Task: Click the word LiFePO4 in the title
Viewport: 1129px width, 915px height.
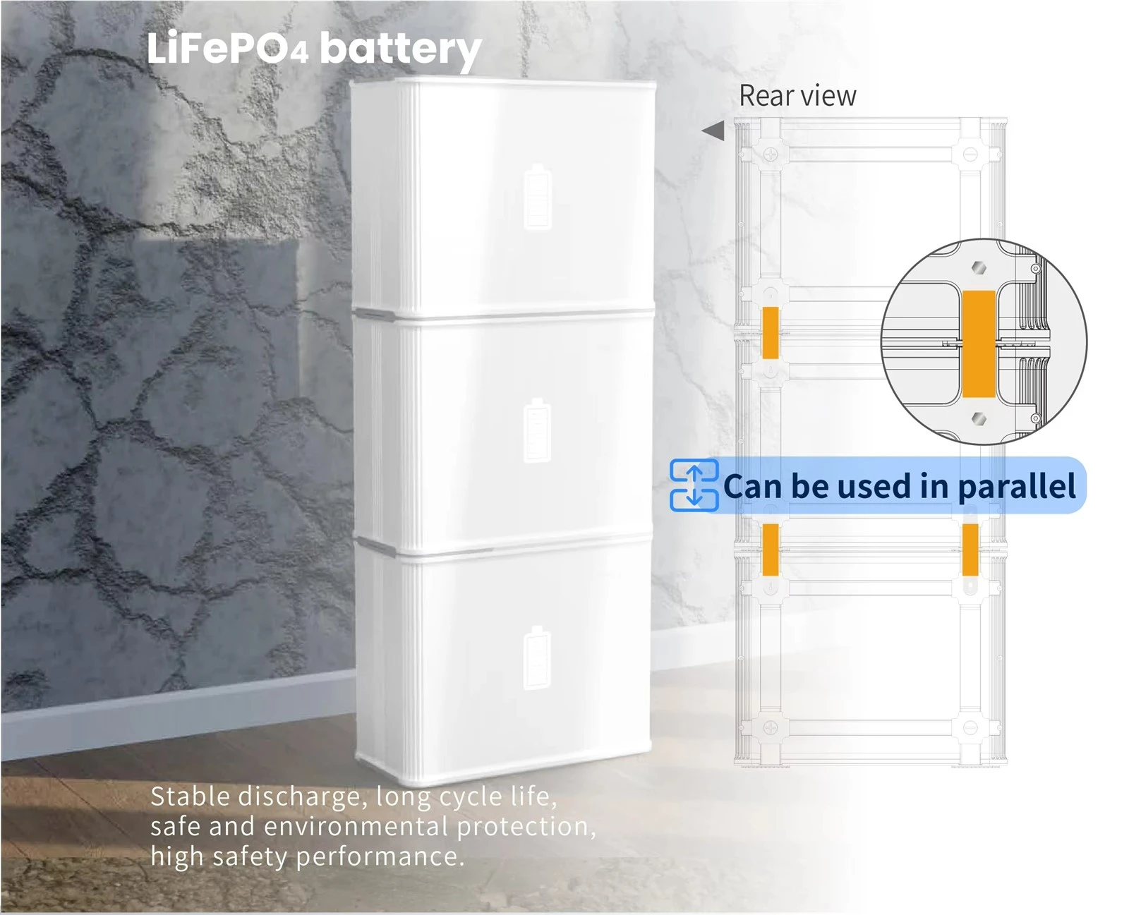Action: (x=227, y=49)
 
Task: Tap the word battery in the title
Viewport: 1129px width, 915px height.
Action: (x=402, y=51)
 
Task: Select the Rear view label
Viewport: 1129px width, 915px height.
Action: (x=797, y=96)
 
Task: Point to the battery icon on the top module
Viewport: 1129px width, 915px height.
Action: (x=538, y=197)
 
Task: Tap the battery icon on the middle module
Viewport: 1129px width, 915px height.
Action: (x=537, y=430)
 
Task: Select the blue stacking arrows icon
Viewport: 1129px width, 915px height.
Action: (x=694, y=485)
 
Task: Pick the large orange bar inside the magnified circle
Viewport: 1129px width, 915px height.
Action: (x=979, y=344)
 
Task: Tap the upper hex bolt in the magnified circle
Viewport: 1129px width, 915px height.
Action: (x=979, y=267)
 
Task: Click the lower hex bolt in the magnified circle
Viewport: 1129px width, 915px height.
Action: (x=979, y=419)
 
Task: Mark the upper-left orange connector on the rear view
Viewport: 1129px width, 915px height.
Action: (x=770, y=333)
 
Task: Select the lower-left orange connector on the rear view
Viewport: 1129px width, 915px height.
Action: (x=770, y=550)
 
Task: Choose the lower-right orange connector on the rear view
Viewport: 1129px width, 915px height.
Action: (x=970, y=550)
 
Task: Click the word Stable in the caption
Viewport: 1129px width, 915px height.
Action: (x=190, y=796)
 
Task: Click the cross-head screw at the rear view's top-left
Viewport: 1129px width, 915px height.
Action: (x=770, y=154)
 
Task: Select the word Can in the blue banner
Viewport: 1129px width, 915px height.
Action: (x=753, y=486)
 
